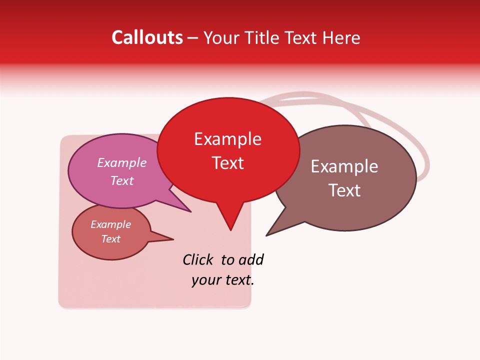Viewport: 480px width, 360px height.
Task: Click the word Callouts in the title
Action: (x=147, y=37)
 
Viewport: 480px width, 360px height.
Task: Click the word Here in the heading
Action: (x=342, y=37)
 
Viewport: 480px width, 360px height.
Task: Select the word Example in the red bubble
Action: (x=228, y=139)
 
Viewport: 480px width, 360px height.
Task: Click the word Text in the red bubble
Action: (x=228, y=162)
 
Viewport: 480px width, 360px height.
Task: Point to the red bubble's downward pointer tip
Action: (x=230, y=230)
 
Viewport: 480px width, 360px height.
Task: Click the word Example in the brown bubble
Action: (x=344, y=166)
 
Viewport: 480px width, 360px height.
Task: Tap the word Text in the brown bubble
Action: (x=344, y=190)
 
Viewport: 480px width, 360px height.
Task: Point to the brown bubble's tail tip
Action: (x=266, y=235)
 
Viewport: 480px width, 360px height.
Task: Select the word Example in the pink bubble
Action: (x=122, y=163)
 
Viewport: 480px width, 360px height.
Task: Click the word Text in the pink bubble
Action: (x=122, y=180)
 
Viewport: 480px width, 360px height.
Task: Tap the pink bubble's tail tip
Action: (x=191, y=211)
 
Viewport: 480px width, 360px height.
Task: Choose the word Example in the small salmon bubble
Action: (x=111, y=224)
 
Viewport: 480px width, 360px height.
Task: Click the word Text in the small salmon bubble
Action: (x=111, y=239)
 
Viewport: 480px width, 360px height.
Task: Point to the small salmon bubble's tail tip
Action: (x=173, y=239)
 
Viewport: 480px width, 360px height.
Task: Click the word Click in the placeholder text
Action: (x=197, y=259)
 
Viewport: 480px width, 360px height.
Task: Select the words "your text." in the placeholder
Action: (x=223, y=280)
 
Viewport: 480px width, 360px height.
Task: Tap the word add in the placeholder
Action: (x=251, y=259)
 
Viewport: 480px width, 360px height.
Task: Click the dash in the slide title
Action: (x=193, y=38)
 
